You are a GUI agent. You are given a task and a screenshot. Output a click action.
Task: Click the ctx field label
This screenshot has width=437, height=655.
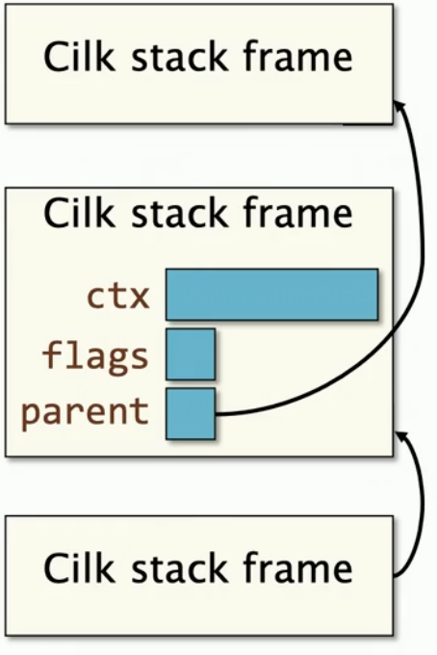(x=118, y=296)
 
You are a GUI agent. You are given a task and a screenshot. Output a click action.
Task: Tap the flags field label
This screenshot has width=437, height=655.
(x=95, y=356)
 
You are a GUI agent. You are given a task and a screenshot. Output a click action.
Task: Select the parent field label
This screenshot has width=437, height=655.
(x=85, y=412)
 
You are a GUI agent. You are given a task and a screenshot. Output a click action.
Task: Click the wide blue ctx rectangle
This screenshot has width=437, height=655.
(x=271, y=295)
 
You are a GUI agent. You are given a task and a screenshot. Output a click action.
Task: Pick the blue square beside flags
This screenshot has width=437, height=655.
(x=191, y=354)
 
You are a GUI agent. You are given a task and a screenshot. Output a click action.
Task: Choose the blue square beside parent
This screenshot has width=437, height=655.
(x=191, y=413)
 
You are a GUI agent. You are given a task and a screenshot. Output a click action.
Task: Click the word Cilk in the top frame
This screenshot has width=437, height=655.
(x=79, y=57)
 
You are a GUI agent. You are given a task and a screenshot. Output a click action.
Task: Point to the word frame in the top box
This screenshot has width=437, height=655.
(x=298, y=57)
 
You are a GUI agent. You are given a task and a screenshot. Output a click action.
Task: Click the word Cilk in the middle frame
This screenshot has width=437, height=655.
(x=79, y=213)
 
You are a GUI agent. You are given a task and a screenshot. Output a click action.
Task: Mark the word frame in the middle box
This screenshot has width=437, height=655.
(x=298, y=213)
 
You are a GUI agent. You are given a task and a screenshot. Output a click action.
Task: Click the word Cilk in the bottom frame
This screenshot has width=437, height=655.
(x=79, y=566)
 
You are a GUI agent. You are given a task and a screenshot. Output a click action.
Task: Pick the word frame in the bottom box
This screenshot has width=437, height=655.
(x=298, y=566)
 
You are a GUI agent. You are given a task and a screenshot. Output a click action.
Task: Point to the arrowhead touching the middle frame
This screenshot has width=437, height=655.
(x=399, y=436)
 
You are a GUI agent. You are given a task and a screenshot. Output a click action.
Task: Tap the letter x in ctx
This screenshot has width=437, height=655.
(x=139, y=298)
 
